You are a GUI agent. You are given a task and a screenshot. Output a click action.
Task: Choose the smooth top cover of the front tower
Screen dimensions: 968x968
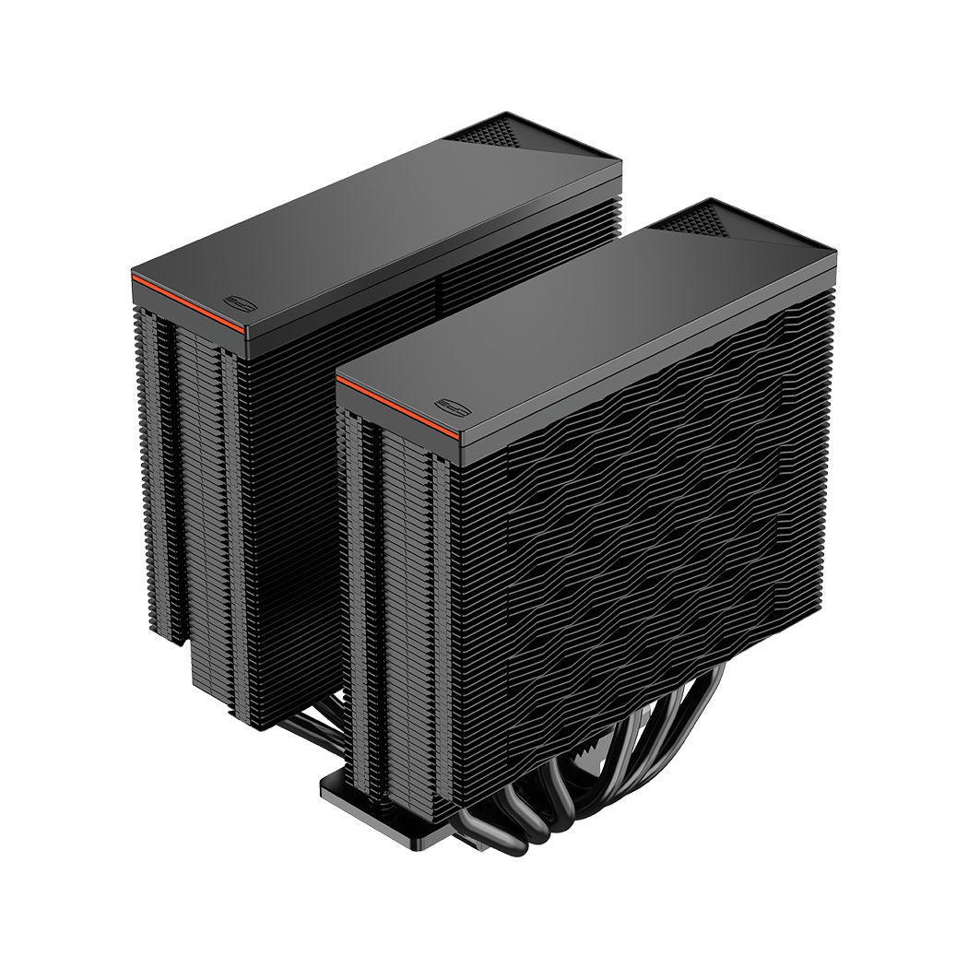pyautogui.click(x=581, y=313)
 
